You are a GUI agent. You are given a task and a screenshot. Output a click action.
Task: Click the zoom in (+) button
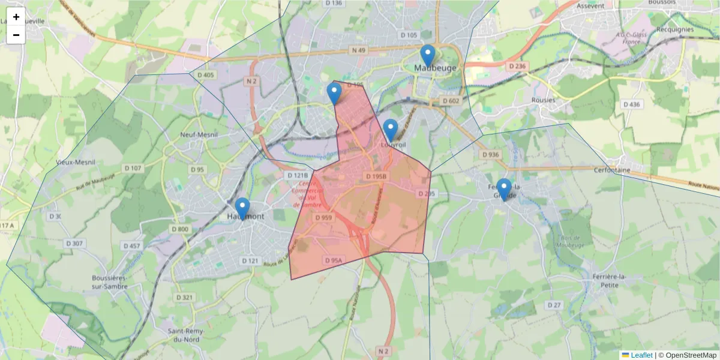pos(16,17)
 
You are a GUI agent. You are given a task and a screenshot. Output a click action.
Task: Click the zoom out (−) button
pos(16,35)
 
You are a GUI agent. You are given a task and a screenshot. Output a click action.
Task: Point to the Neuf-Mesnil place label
pos(198,135)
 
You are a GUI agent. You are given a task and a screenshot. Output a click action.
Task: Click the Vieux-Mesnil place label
pos(76,162)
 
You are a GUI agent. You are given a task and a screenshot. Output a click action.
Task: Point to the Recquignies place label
pos(675,29)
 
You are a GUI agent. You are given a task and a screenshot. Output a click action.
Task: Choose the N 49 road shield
pos(359,50)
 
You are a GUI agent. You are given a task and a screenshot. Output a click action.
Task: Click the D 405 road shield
pos(205,75)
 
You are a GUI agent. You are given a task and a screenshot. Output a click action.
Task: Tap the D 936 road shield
pos(490,155)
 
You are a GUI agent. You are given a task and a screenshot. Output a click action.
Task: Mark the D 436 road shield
pos(632,104)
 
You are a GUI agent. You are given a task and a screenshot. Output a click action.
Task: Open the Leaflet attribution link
pos(641,355)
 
